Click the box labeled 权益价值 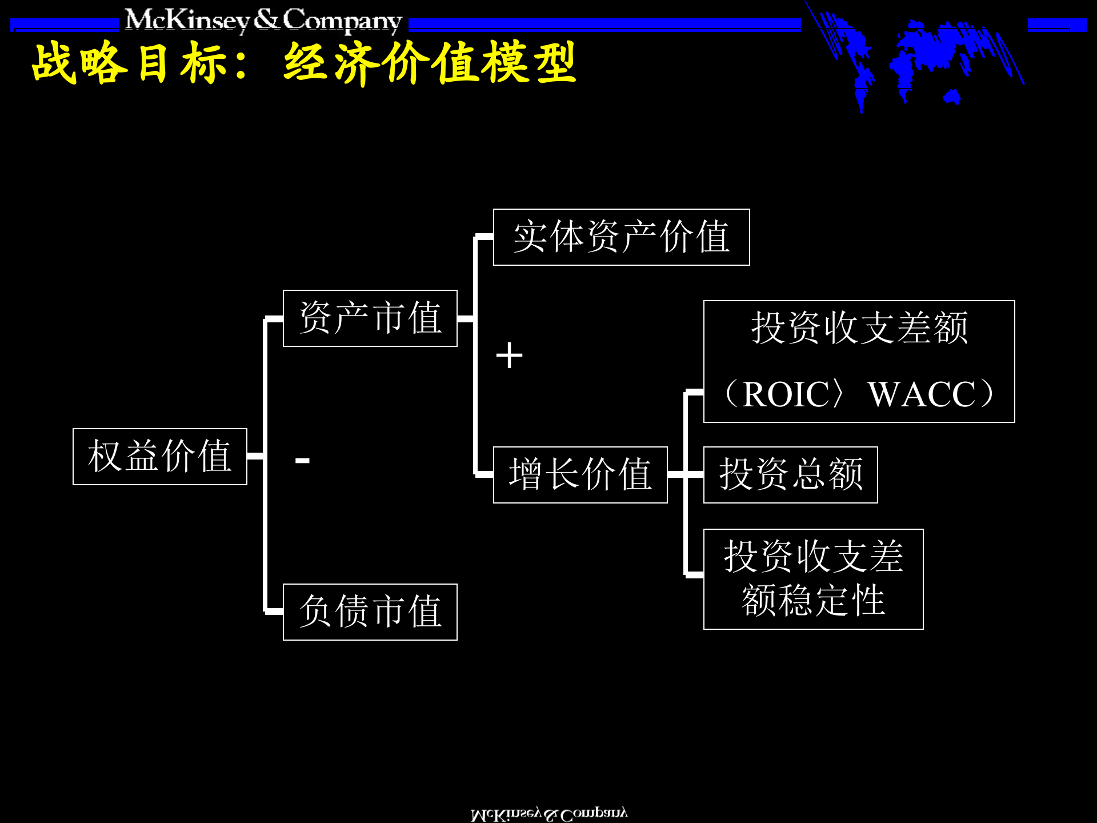pyautogui.click(x=159, y=457)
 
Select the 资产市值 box pyautogui.click(x=370, y=318)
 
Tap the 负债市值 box pyautogui.click(x=370, y=612)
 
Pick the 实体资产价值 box pyautogui.click(x=621, y=237)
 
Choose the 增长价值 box pyautogui.click(x=580, y=475)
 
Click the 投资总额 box pyautogui.click(x=790, y=475)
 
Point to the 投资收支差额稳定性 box pyautogui.click(x=813, y=579)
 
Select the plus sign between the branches pyautogui.click(x=509, y=355)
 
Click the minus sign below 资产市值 pyautogui.click(x=302, y=460)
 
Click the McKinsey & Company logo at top pyautogui.click(x=263, y=21)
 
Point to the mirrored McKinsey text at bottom pyautogui.click(x=548, y=814)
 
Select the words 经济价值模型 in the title pyautogui.click(x=430, y=63)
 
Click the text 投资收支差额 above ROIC pyautogui.click(x=859, y=328)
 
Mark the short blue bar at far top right pyautogui.click(x=1056, y=25)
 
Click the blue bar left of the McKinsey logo pyautogui.click(x=64, y=25)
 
